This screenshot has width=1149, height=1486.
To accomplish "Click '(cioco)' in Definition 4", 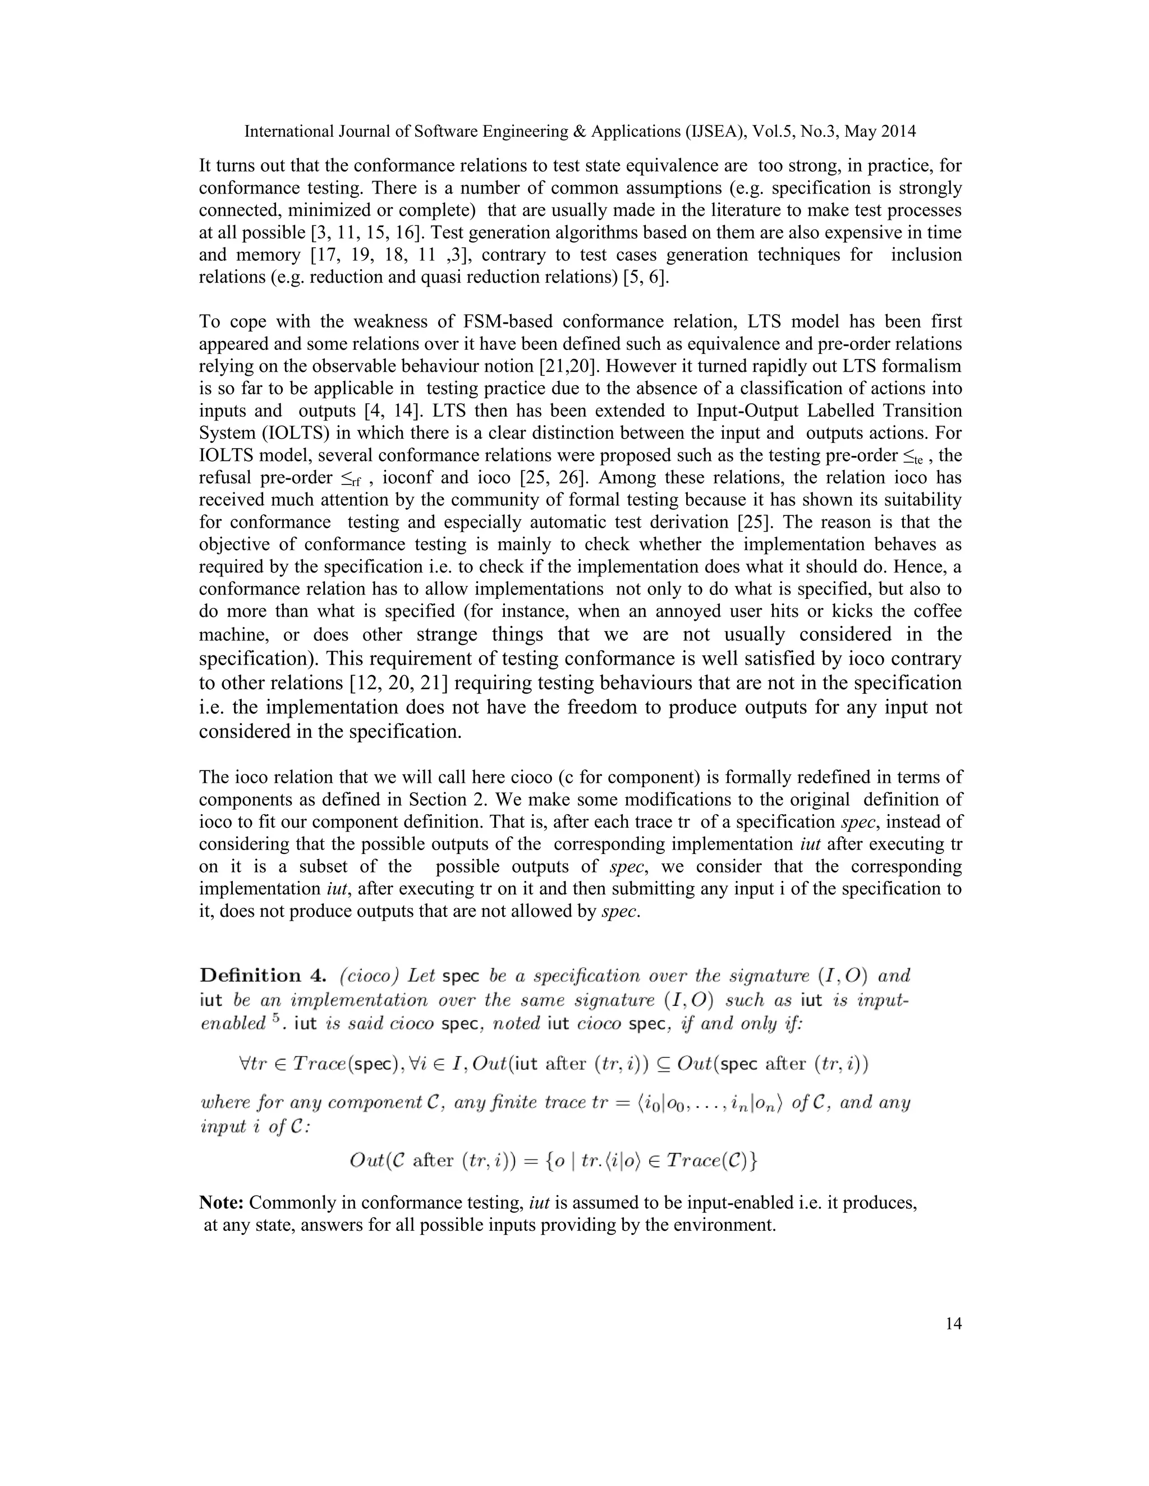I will [x=368, y=976].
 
